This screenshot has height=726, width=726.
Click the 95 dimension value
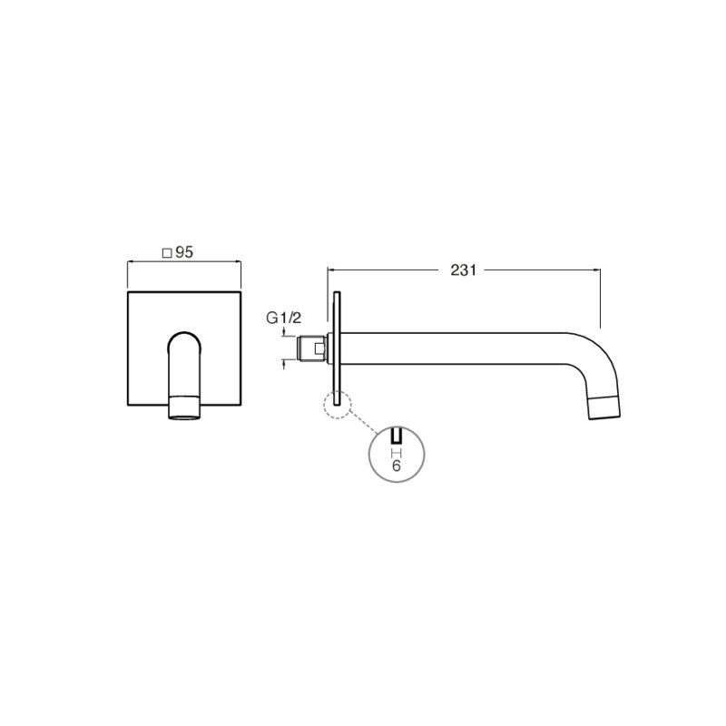(x=184, y=252)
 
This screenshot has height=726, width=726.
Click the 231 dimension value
(x=463, y=270)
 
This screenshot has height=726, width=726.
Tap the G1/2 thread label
(x=284, y=318)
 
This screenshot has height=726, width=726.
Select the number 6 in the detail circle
(x=396, y=466)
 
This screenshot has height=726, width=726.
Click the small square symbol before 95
(x=167, y=253)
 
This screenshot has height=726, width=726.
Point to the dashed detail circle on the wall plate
(x=338, y=405)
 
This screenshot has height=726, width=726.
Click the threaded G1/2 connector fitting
(x=311, y=348)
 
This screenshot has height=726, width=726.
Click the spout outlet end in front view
(x=185, y=407)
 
